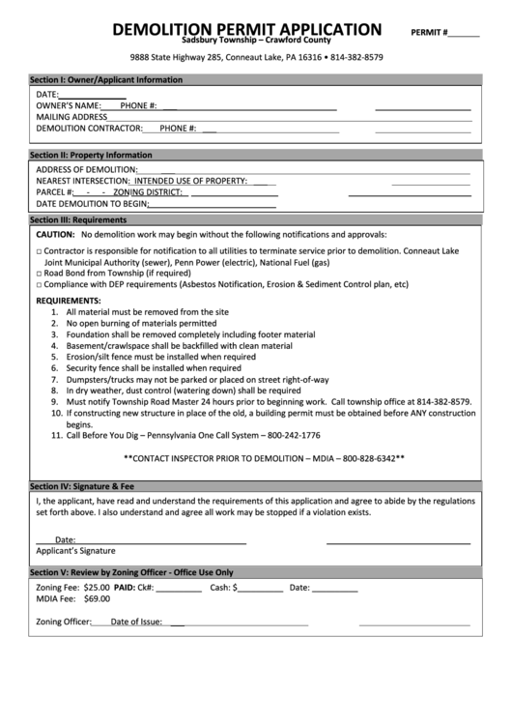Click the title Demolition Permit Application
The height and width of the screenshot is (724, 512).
pos(246,30)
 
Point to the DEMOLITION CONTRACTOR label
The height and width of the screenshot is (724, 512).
pos(89,128)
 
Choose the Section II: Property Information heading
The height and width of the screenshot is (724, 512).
pos(91,155)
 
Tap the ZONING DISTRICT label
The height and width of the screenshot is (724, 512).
pos(155,191)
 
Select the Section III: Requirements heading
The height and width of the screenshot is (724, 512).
pos(78,220)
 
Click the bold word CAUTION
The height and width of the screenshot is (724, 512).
pos(55,235)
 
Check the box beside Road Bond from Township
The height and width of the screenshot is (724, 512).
pos(40,273)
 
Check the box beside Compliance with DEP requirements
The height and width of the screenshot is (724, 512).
pos(40,284)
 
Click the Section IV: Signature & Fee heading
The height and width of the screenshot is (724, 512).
pos(82,485)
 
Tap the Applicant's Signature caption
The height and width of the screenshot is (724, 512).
pos(75,550)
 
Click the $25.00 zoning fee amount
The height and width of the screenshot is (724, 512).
pos(97,587)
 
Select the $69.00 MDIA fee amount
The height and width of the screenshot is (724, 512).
pos(97,598)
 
